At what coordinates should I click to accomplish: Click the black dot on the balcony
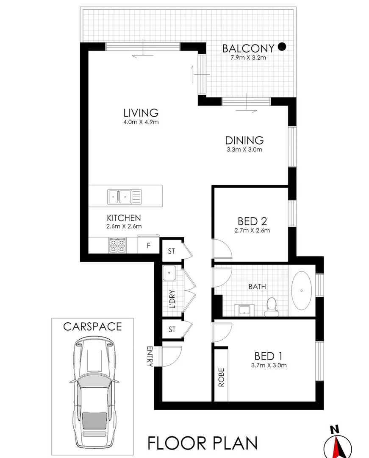tap(282, 47)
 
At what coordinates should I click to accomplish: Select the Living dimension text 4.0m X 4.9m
tap(141, 123)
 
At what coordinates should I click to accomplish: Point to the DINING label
tap(244, 140)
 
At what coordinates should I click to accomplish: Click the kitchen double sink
tap(120, 196)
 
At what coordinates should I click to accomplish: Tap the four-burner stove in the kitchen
tap(118, 245)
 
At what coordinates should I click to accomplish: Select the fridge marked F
tap(148, 246)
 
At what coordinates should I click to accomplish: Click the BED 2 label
tap(252, 221)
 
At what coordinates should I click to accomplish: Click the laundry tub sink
tap(169, 274)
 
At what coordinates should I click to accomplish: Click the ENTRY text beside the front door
tap(150, 356)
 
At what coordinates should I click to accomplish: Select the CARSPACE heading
tap(92, 327)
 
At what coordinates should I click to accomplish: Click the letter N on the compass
tap(335, 429)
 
